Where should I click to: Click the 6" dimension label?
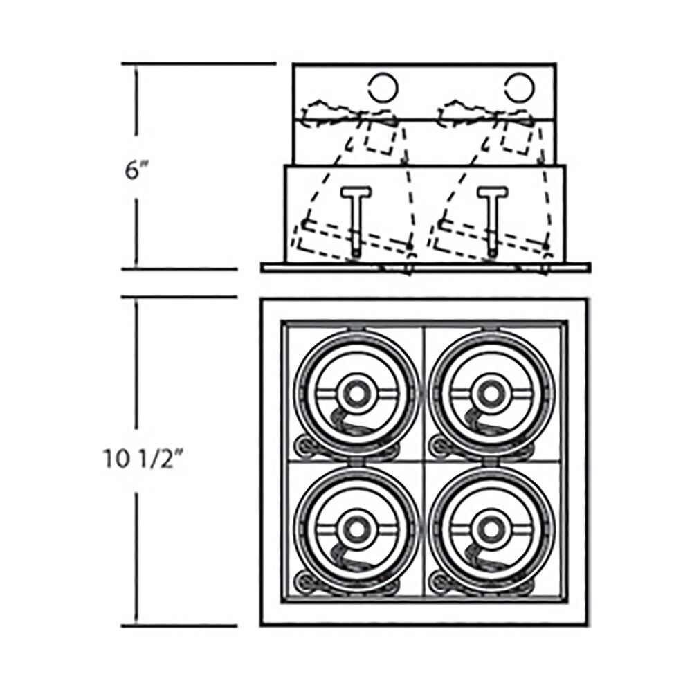(136, 170)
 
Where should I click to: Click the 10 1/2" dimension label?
(143, 459)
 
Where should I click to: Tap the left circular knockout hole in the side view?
(383, 87)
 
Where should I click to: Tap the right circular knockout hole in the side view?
(520, 87)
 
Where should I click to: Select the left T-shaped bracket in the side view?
(356, 221)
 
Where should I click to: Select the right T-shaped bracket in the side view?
(493, 221)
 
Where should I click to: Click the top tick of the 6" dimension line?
(199, 64)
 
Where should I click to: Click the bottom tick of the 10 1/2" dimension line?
(179, 626)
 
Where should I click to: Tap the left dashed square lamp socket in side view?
(380, 137)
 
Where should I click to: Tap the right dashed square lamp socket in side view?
(517, 137)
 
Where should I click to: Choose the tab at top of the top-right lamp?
(491, 329)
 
